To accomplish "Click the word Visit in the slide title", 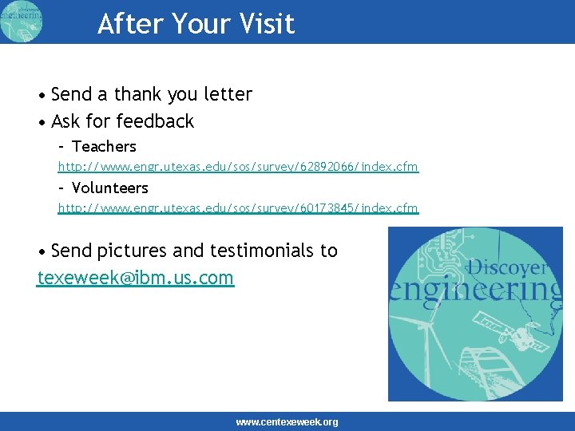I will point(266,24).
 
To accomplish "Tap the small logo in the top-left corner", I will point(22,22).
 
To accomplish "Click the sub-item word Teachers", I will point(104,147).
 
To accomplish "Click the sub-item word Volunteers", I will point(109,188).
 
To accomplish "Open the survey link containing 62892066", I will point(237,167).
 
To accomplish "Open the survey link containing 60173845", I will point(237,208).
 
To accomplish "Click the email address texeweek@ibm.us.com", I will point(136,278).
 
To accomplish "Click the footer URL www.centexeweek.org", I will point(287,422).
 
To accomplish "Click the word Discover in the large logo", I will point(507,267).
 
